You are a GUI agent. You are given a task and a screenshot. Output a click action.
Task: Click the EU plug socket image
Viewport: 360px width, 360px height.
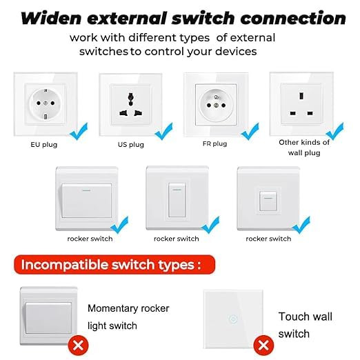click(x=44, y=103)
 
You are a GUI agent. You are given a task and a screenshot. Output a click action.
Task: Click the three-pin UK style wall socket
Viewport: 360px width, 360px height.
click(x=304, y=103)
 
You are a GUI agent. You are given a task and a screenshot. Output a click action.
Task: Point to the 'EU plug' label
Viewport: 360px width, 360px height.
click(x=45, y=146)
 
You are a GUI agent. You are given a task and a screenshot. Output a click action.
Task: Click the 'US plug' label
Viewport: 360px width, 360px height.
click(x=130, y=146)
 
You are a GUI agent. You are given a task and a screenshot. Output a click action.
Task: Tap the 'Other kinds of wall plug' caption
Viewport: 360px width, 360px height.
click(x=304, y=147)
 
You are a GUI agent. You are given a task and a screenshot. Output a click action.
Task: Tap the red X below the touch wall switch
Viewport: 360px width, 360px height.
click(x=262, y=343)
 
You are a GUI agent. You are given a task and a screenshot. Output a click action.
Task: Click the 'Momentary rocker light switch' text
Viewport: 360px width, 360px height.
click(x=128, y=317)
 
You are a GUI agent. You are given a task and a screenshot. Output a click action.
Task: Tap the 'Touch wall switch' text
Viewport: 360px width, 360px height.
click(x=305, y=325)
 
